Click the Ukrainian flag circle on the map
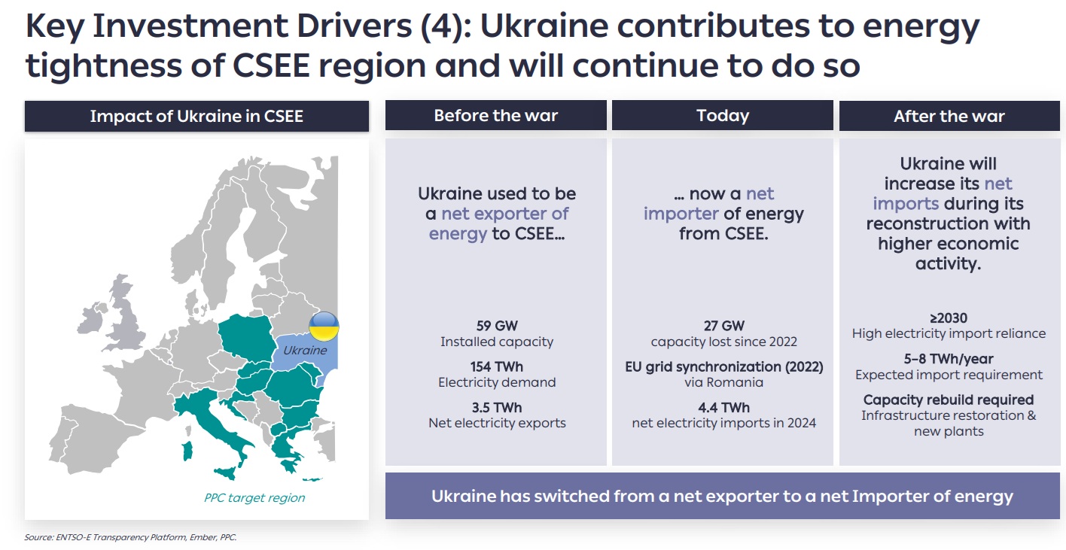(324, 327)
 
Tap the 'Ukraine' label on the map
(305, 350)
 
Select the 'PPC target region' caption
(254, 497)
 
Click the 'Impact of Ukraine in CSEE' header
(196, 116)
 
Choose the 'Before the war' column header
(495, 116)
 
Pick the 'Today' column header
(723, 116)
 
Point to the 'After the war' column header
(949, 116)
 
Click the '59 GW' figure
(496, 326)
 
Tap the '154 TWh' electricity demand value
(497, 366)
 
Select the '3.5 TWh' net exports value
(497, 407)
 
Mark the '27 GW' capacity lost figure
(723, 326)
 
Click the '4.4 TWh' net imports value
(723, 407)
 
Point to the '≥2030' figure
(949, 318)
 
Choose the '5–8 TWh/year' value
(949, 358)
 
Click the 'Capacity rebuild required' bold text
(949, 400)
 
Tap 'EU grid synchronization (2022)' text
(723, 366)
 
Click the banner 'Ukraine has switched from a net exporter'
(722, 497)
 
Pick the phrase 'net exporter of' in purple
(504, 214)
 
